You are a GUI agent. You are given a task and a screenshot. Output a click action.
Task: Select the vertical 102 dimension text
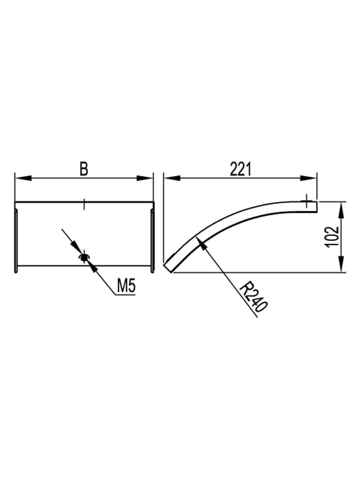tap(332, 237)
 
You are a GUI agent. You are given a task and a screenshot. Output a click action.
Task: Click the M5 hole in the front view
tap(84, 258)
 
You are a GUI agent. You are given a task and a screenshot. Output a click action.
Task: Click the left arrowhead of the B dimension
tap(23, 178)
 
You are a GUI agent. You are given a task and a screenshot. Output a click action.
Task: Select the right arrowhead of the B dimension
tap(144, 178)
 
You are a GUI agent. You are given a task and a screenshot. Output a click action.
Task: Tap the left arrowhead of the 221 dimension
tap(172, 178)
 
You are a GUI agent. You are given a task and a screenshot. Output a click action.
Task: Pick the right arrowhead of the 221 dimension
tap(308, 178)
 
